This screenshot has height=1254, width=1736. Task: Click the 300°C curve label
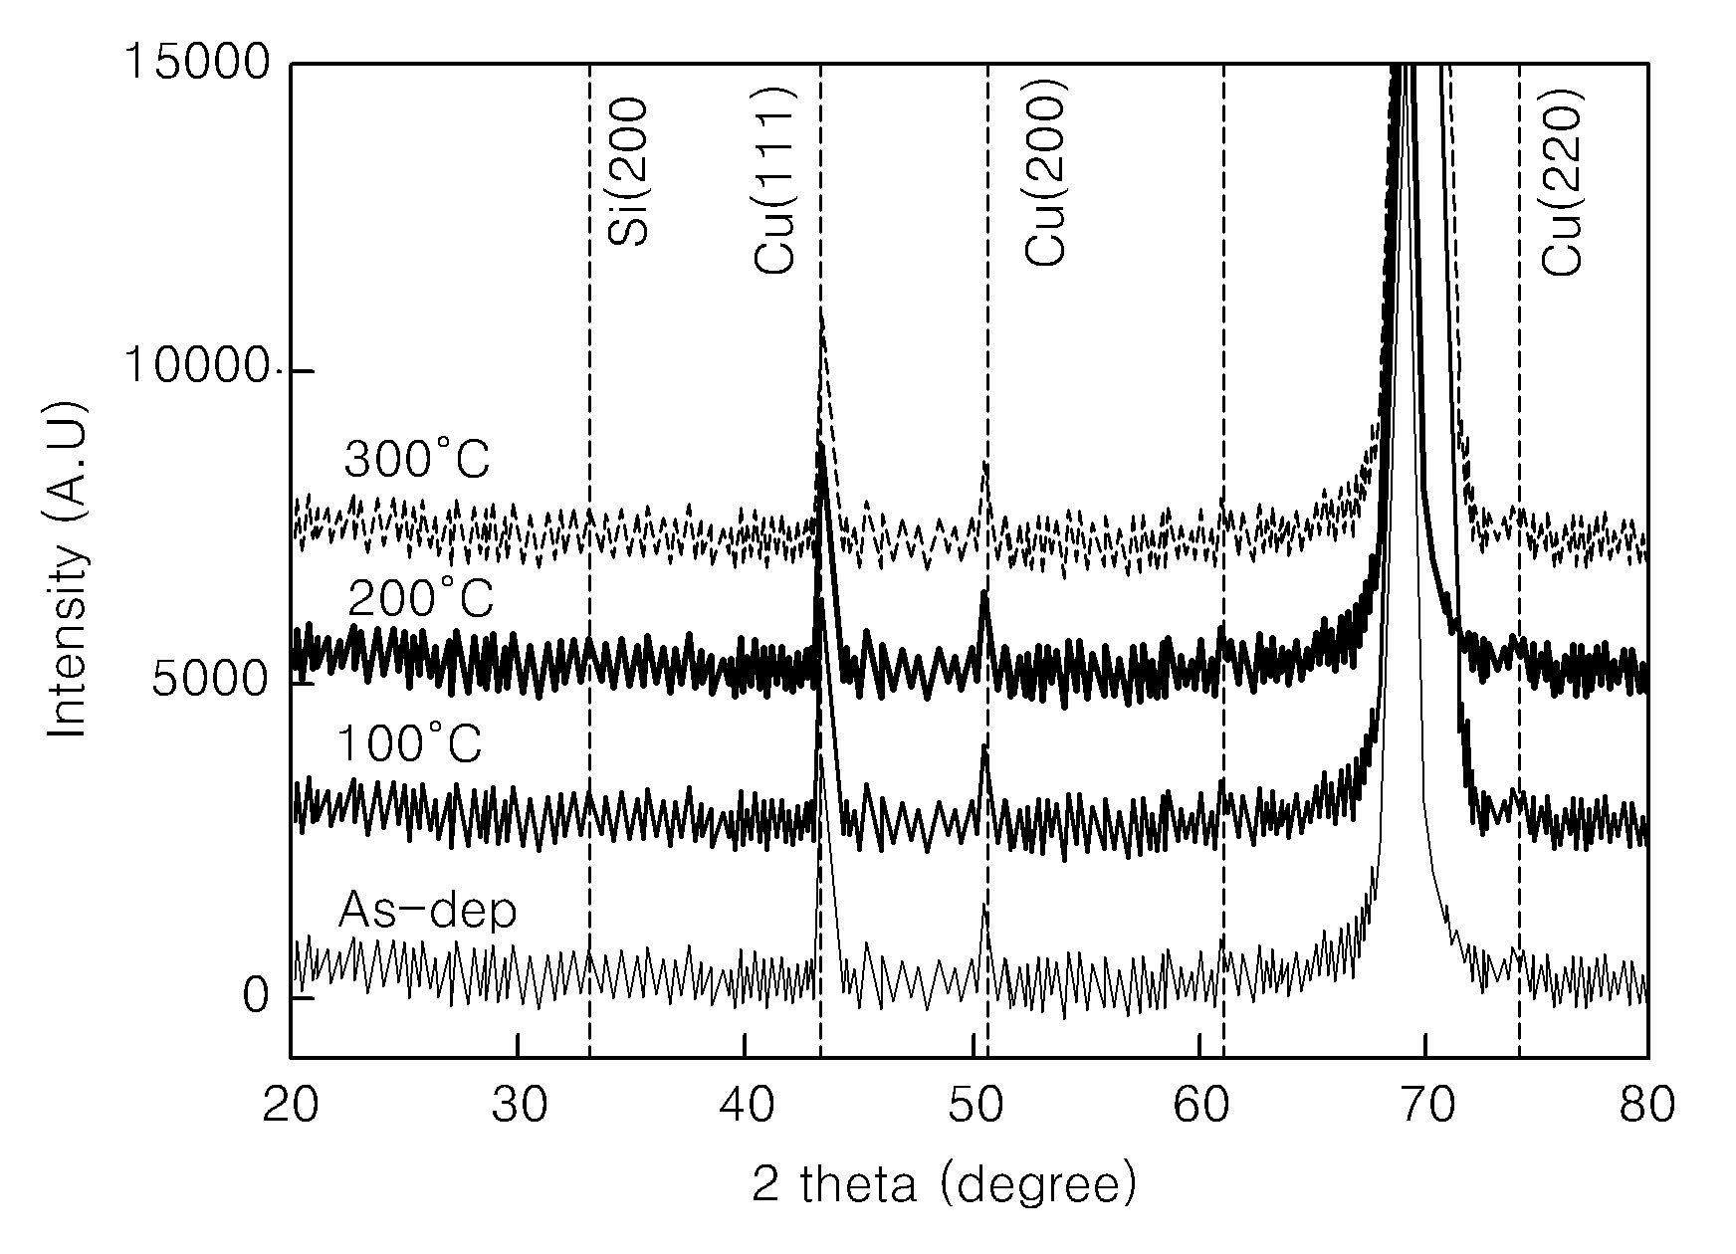pyautogui.click(x=417, y=461)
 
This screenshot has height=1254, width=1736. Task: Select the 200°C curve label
pyautogui.click(x=421, y=600)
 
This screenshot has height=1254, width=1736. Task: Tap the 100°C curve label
pyautogui.click(x=409, y=744)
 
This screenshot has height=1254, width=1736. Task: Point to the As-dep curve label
pyautogui.click(x=427, y=910)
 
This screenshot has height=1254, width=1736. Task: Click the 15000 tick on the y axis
pyautogui.click(x=195, y=63)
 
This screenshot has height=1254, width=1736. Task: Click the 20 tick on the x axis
pyautogui.click(x=291, y=1106)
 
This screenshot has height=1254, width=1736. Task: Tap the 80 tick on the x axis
pyautogui.click(x=1647, y=1106)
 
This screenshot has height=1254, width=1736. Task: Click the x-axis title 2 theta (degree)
pyautogui.click(x=944, y=1185)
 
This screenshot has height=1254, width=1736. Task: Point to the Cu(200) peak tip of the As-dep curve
pyautogui.click(x=984, y=905)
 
